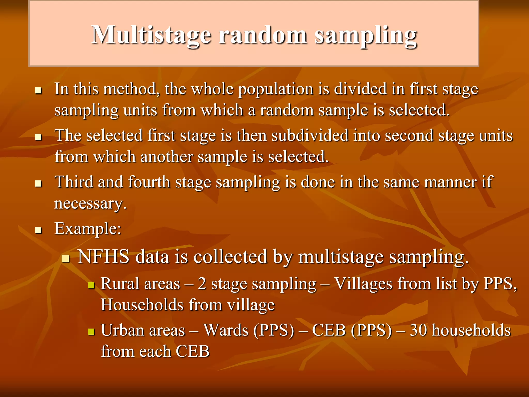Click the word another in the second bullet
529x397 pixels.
[x=167, y=157]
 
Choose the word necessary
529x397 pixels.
[x=90, y=204]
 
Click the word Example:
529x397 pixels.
[x=88, y=229]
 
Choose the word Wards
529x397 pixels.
[x=226, y=330]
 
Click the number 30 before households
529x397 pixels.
[x=418, y=330]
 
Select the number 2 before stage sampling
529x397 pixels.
[x=202, y=284]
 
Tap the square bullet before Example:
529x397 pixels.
[x=38, y=230]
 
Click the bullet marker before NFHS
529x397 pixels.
[x=66, y=258]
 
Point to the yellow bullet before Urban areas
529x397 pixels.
[x=91, y=332]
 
